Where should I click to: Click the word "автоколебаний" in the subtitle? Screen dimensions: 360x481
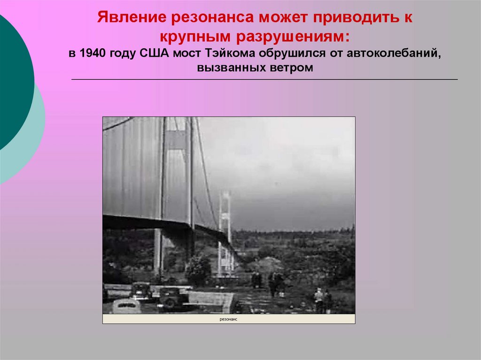pyautogui.click(x=394, y=53)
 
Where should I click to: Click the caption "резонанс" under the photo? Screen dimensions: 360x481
pyautogui.click(x=229, y=319)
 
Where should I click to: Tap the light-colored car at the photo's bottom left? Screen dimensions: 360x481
pyautogui.click(x=126, y=306)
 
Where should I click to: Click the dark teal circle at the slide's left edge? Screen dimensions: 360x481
pyautogui.click(x=12, y=80)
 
